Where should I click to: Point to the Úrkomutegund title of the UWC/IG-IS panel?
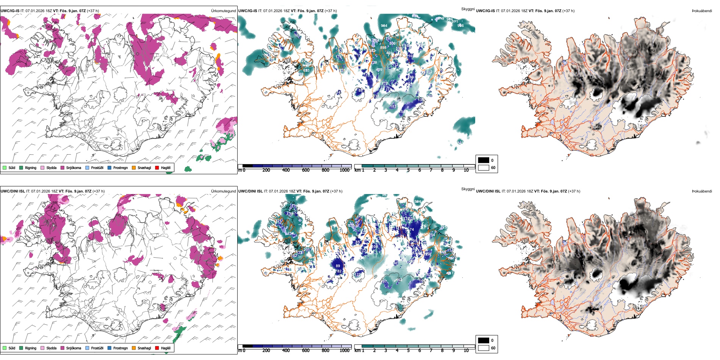point(223,11)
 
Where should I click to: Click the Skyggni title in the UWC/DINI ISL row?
point(468,189)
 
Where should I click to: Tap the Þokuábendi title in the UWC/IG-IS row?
point(702,11)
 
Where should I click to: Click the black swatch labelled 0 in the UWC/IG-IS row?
point(484,160)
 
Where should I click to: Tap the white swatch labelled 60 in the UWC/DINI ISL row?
point(484,348)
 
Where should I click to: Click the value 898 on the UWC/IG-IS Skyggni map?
point(383,48)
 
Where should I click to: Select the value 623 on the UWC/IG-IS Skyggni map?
point(306,70)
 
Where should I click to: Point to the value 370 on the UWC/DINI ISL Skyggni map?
point(351,226)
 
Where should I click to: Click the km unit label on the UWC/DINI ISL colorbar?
point(357,351)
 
